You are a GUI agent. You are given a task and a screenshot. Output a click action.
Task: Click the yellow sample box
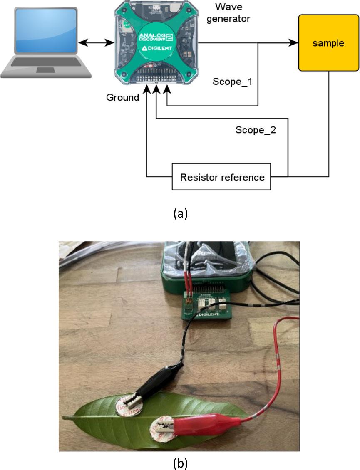click(x=328, y=43)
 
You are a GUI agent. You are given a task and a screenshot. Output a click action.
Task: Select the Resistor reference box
click(x=222, y=177)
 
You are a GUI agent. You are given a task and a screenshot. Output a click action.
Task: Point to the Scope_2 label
click(x=256, y=130)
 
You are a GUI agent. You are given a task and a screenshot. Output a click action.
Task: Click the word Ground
click(x=122, y=97)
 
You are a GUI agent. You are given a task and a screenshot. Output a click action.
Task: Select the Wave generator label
click(x=233, y=13)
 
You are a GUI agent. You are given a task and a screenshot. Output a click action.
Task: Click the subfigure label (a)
click(x=180, y=213)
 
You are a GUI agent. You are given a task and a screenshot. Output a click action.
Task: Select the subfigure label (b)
click(x=180, y=462)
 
